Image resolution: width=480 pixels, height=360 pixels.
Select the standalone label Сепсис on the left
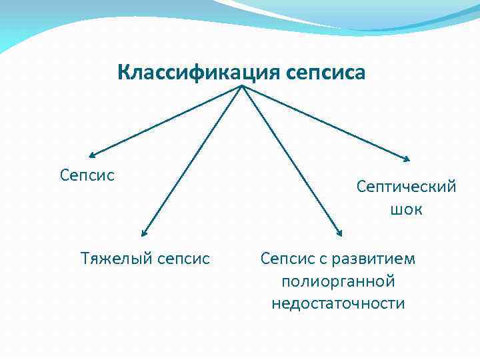click(87, 175)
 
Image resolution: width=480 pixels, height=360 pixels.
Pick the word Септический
click(407, 186)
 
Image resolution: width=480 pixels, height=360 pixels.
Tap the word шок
click(407, 209)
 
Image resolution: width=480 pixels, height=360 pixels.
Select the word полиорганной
click(339, 281)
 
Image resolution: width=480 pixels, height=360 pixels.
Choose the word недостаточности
click(338, 303)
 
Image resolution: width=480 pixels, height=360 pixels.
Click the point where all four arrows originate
click(241, 86)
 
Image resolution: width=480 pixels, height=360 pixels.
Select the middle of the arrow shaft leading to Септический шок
click(325, 123)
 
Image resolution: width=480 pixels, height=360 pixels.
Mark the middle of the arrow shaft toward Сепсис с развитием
click(291, 161)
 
